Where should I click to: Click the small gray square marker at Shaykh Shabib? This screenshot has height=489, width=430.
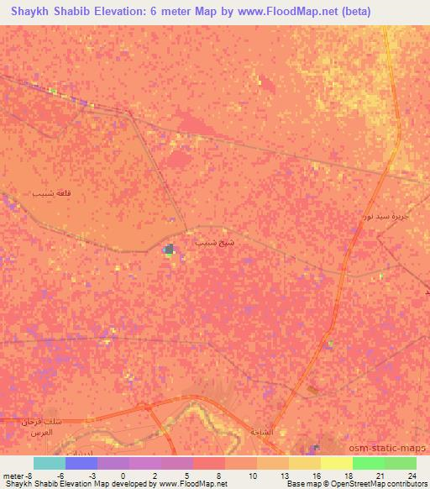pos(170,249)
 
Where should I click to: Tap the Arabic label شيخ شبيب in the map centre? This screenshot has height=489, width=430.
pos(210,242)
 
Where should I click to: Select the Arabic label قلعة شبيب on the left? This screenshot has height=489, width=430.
pos(50,193)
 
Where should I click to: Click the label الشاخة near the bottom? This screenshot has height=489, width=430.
pos(262,431)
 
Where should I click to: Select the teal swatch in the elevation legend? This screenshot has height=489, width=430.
pos(50,463)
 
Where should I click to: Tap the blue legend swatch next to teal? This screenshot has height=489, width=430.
pos(81,463)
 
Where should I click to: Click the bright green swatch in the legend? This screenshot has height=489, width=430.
pos(368,463)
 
